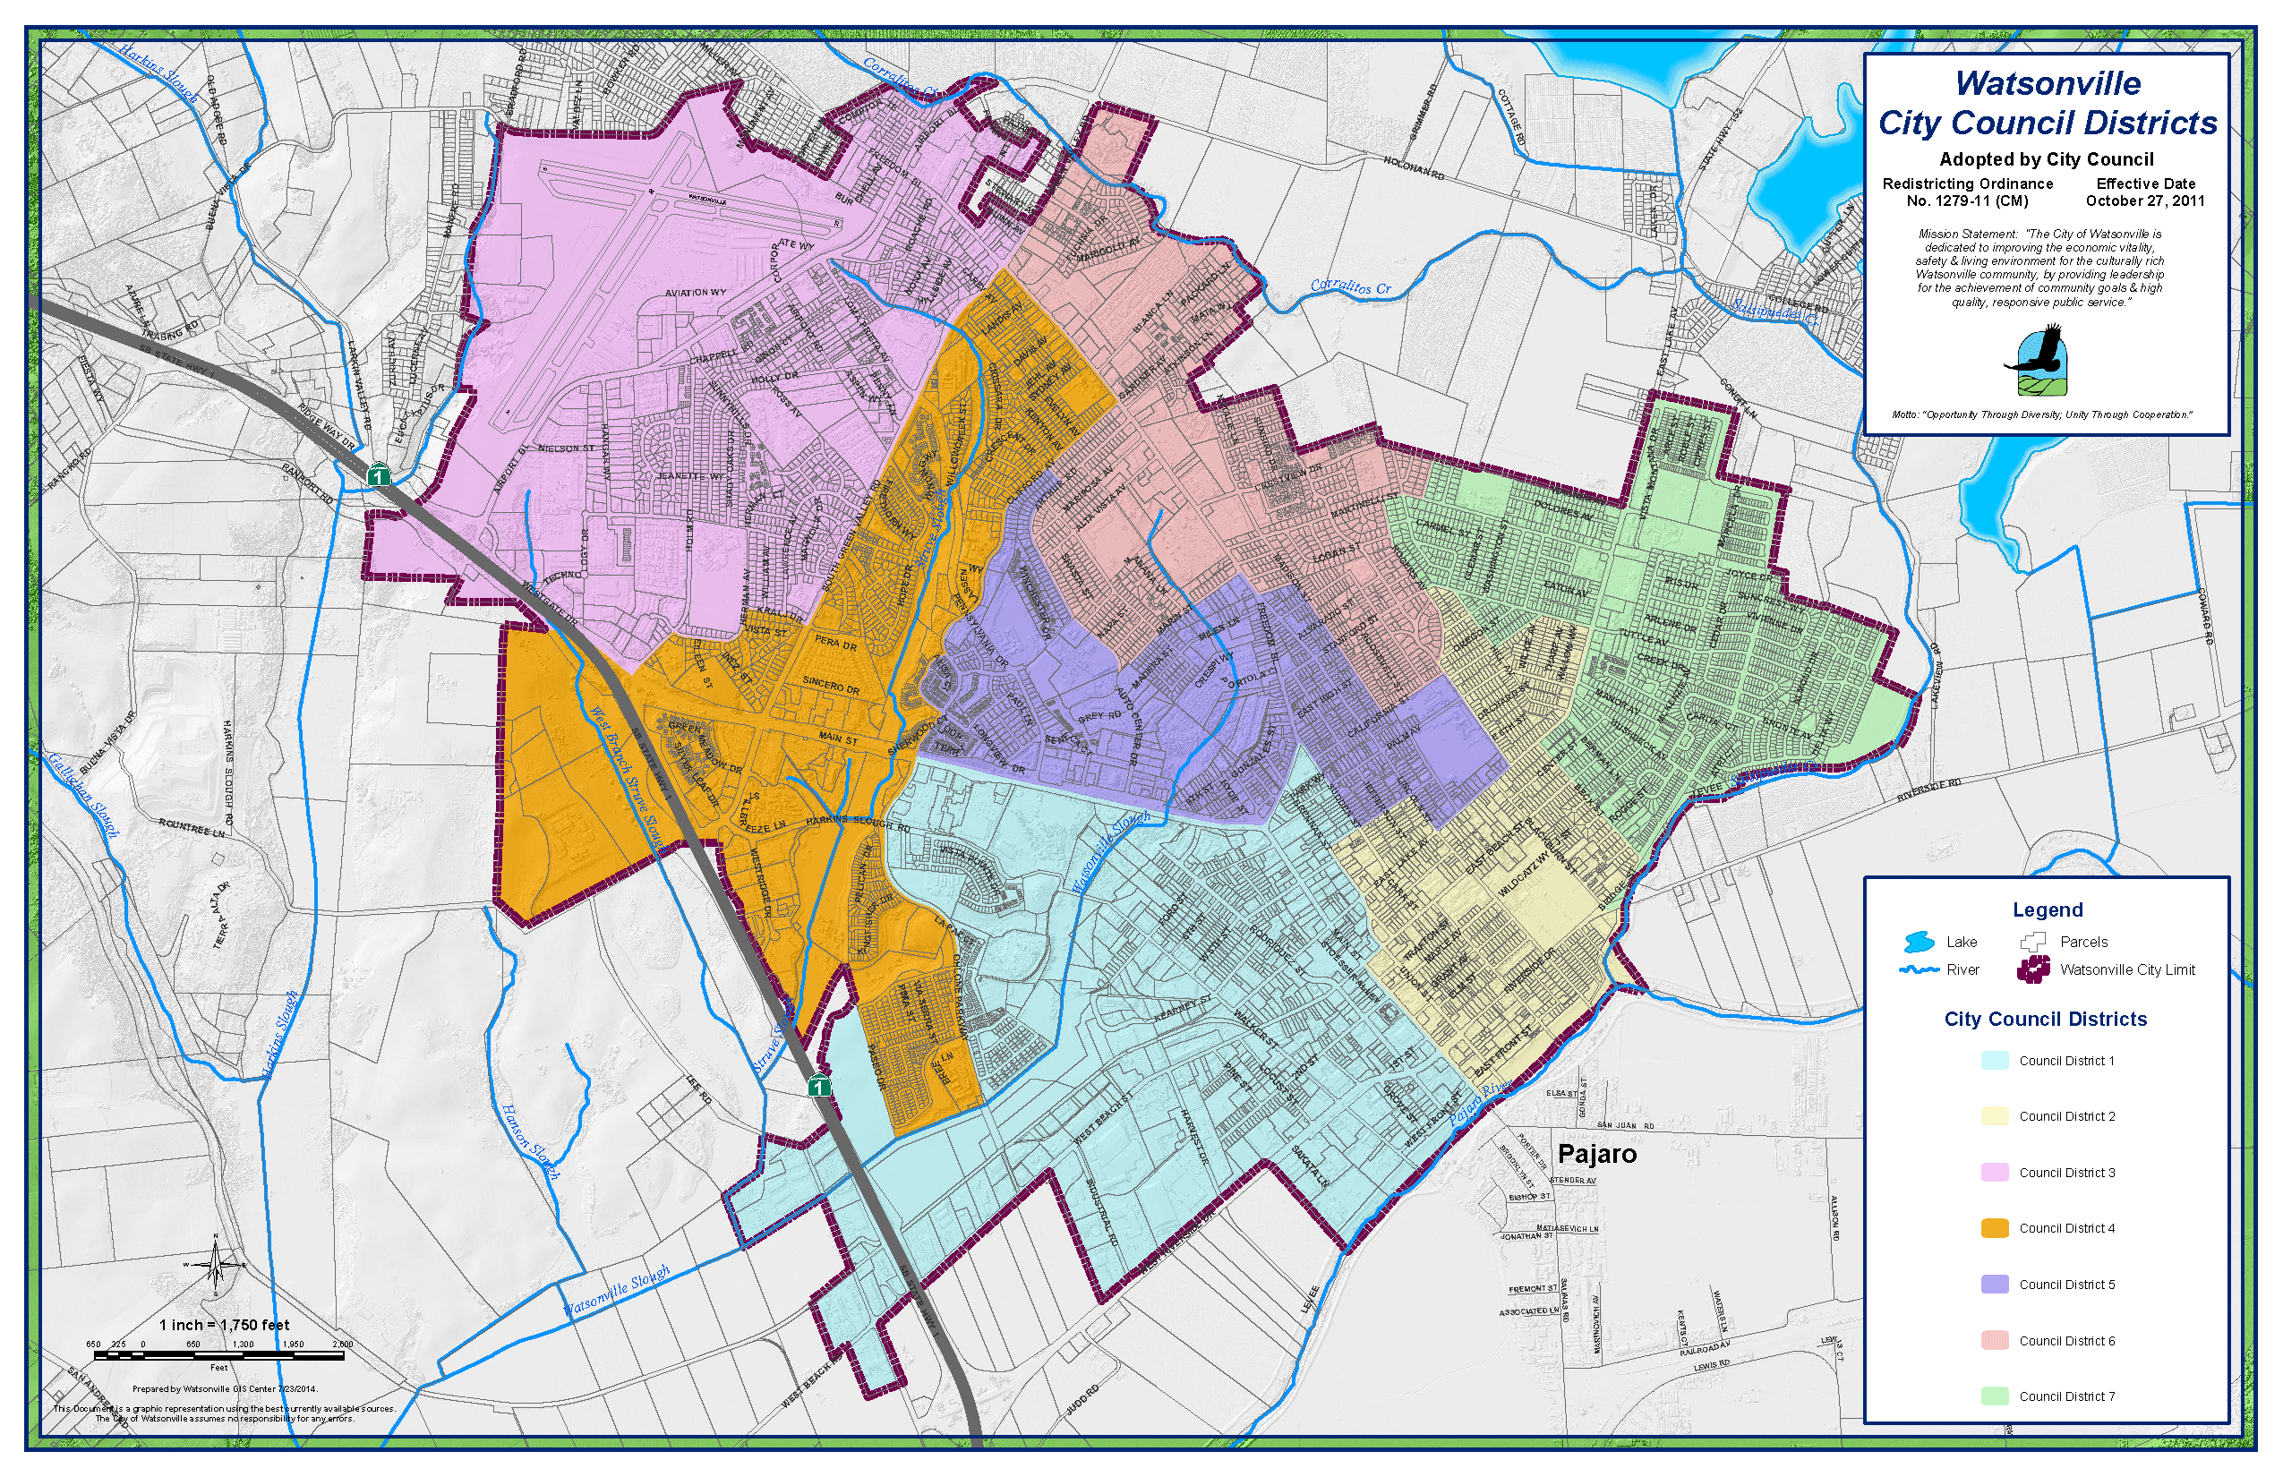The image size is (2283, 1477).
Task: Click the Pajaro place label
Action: [1596, 1154]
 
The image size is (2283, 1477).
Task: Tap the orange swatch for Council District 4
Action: [1995, 1228]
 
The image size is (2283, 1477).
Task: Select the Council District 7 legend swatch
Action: [1995, 1396]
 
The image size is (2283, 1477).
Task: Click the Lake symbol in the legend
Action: [1918, 942]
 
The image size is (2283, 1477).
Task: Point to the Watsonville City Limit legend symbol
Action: [2033, 969]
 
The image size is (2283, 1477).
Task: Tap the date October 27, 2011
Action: [2145, 201]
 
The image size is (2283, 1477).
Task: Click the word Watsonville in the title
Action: [2048, 83]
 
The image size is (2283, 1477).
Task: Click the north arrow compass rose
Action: [215, 1264]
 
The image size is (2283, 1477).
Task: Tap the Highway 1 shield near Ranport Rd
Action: [380, 474]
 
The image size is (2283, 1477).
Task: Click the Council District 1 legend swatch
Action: [1995, 1061]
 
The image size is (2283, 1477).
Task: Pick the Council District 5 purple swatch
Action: [1995, 1285]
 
